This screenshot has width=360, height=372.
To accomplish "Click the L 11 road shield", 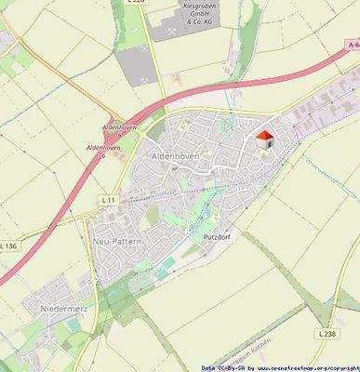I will point(108,200).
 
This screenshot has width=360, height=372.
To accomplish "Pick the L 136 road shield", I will point(8,246).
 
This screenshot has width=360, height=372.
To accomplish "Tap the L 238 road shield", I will point(326,332).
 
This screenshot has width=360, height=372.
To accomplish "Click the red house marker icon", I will point(264,139).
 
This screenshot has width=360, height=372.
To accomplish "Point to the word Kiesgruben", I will point(194,5).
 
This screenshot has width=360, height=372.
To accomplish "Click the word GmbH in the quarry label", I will point(194,13).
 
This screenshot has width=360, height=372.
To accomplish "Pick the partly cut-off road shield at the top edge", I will point(136,3).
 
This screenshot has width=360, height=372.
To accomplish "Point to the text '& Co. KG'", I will point(194,22).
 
